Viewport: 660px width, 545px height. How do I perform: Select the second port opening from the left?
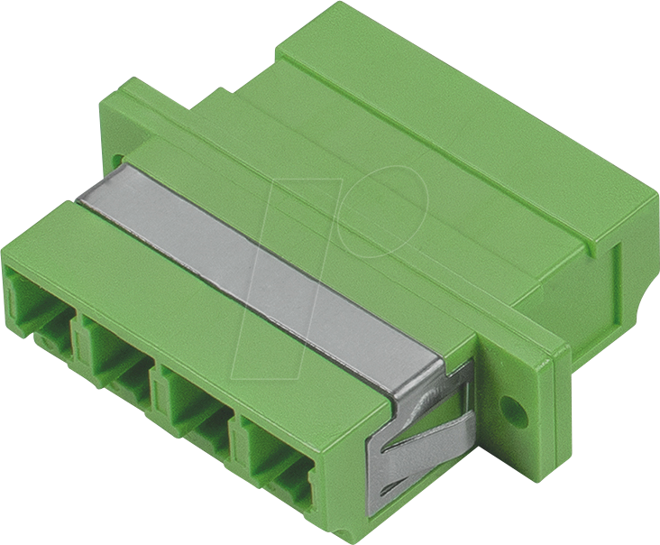pos(117,347)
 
